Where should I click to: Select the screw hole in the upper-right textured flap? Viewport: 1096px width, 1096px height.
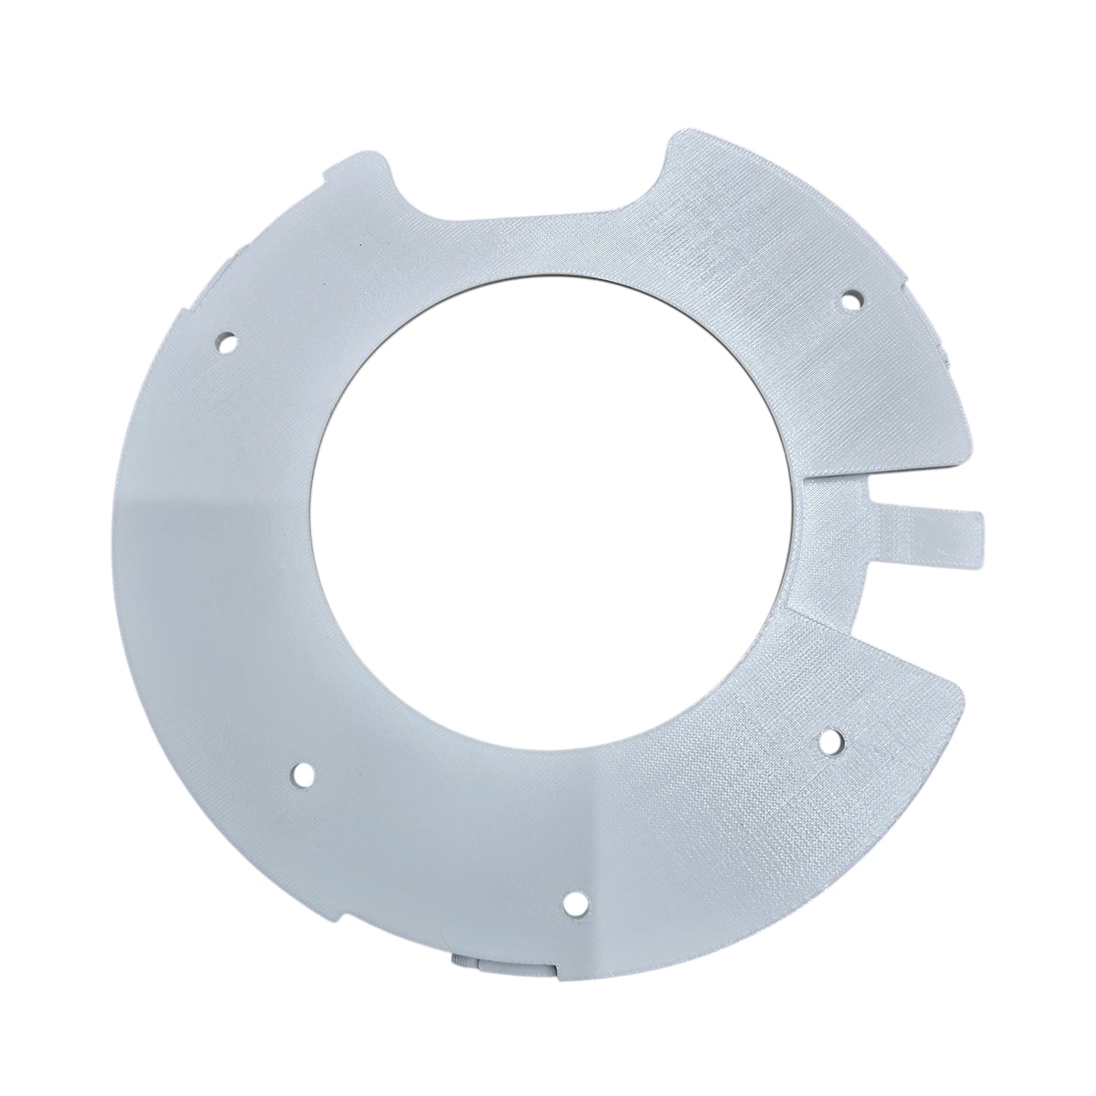pos(851,301)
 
